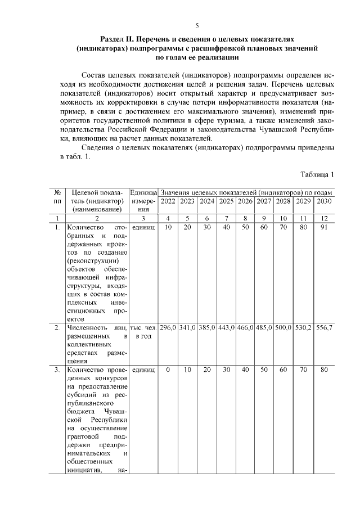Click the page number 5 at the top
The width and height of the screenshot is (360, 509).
(197, 25)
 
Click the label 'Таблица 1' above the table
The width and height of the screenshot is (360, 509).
(317, 174)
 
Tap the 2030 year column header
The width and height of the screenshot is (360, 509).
(323, 201)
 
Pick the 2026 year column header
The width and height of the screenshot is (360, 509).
(245, 201)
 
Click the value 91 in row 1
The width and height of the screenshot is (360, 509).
(323, 227)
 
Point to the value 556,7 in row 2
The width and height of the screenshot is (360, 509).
(323, 327)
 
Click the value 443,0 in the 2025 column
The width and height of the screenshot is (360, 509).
(226, 327)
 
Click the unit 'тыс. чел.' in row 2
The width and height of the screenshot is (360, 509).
(143, 327)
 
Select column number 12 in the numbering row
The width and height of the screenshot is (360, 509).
(323, 218)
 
